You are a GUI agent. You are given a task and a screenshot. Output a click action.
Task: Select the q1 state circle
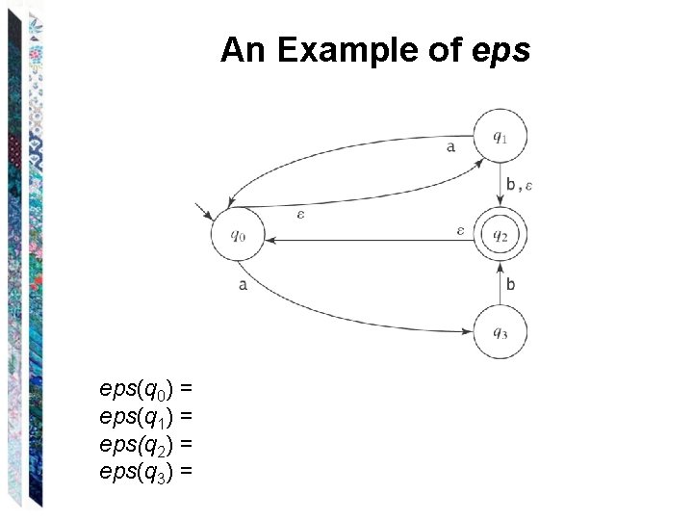500,137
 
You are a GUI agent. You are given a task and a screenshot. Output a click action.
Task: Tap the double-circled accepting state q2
500,234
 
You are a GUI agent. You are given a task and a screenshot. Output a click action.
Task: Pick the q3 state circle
500,333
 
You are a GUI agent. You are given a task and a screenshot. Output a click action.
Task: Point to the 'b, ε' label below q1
520,185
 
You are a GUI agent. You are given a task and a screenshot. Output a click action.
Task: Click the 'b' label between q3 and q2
510,284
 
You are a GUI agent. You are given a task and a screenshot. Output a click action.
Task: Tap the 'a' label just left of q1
451,147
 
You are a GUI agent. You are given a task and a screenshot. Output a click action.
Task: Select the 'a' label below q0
243,284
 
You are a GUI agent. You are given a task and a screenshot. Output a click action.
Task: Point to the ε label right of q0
300,214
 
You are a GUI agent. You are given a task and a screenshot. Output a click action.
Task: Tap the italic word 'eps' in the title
502,50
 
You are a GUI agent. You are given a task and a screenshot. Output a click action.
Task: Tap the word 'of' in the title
445,50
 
